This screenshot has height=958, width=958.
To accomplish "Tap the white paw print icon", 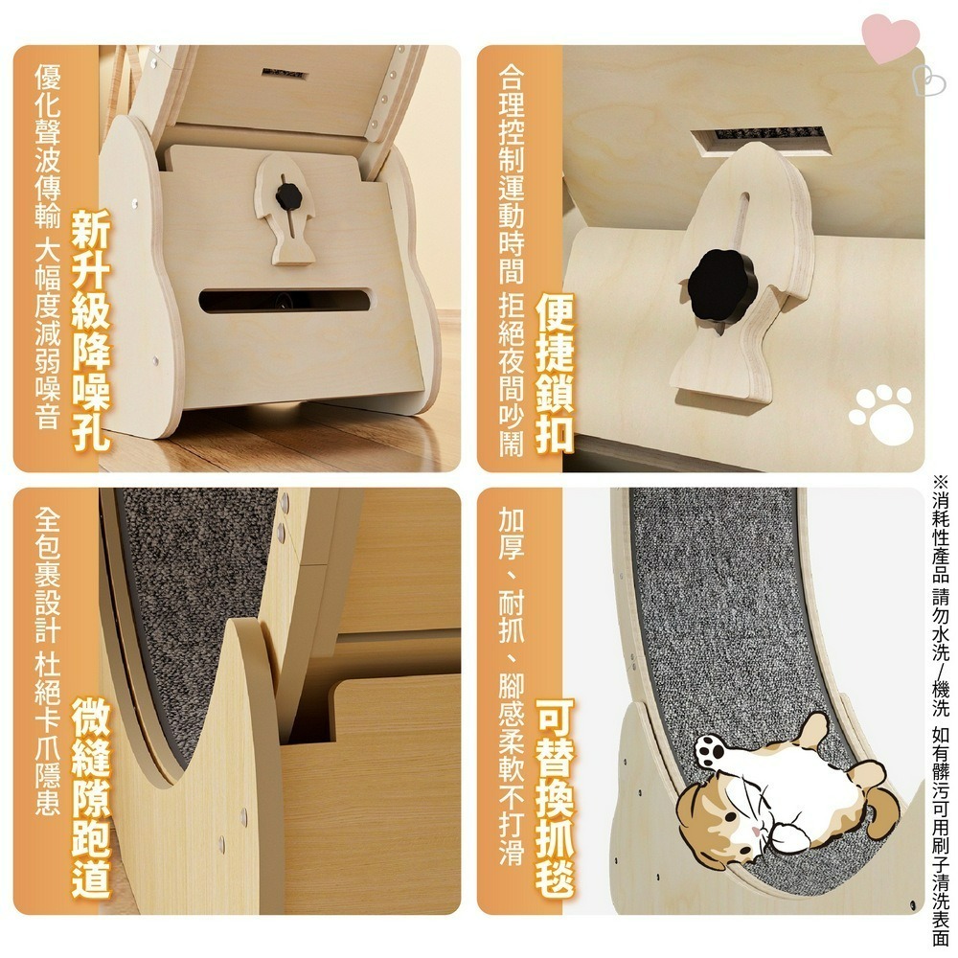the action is (x=881, y=414).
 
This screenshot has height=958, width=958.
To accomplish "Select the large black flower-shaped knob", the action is (x=722, y=284).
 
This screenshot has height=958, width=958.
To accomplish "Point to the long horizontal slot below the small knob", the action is (x=285, y=301).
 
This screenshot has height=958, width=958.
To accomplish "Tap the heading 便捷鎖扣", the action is (x=555, y=373).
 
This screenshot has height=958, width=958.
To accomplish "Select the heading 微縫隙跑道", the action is (x=91, y=797).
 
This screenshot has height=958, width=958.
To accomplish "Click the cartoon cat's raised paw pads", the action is (x=709, y=752).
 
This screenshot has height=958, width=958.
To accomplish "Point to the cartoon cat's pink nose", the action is (x=757, y=832).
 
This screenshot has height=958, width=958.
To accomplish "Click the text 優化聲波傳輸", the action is (x=48, y=146).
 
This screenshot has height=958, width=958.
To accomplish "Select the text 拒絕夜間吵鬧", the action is (x=512, y=376).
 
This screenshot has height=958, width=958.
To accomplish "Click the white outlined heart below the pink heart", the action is (x=927, y=80).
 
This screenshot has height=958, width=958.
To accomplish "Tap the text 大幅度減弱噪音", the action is (x=48, y=334).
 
